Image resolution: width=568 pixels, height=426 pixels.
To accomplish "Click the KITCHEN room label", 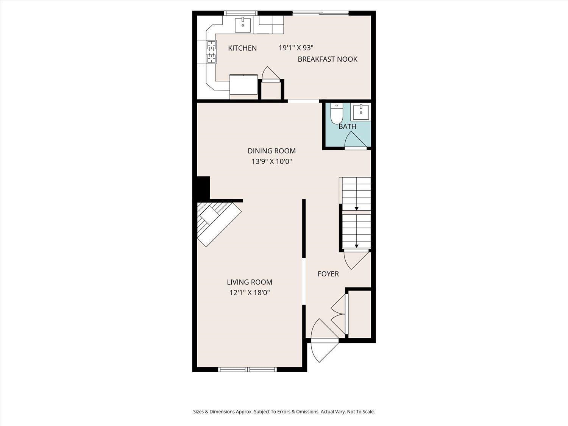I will pos(242,48).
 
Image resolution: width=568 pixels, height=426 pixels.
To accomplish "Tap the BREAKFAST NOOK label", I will pos(328,59).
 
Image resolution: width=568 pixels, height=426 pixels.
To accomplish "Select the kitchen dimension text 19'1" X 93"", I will pos(296,48).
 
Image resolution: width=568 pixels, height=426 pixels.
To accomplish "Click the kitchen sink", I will pos(243,25).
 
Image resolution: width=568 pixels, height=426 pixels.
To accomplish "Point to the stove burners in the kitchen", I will pos(211,52).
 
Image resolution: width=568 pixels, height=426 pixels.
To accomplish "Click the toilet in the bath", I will pos(336,114).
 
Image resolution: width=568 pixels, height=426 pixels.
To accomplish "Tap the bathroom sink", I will pos(361,112).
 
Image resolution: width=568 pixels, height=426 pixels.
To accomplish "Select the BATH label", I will pos(347,126).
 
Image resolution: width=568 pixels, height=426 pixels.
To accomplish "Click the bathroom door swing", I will pos(355,140).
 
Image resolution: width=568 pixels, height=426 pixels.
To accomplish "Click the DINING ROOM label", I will pos(272,151).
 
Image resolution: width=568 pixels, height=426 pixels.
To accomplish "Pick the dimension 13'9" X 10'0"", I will pos(272,162).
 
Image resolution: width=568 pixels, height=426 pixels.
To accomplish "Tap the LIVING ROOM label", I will pos(250,282).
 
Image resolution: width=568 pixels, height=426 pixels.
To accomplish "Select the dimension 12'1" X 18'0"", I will pos(250,293).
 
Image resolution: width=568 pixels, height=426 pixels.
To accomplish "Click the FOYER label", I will pos(328,274).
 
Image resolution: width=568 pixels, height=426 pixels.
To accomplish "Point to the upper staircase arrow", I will pos(356,208).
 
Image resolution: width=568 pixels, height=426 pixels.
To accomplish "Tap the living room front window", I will pos(248,369).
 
